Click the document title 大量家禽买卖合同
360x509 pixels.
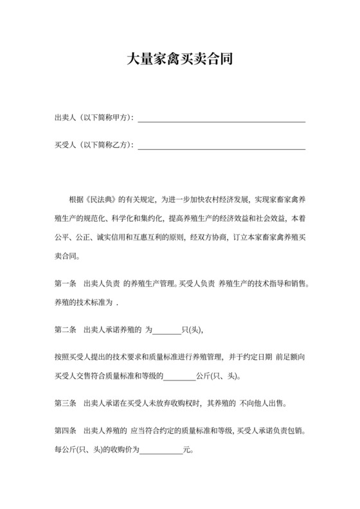pos(179,60)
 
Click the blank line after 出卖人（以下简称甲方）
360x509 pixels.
pos(222,118)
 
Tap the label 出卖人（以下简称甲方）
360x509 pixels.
pos(93,118)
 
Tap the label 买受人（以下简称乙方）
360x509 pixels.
pos(93,146)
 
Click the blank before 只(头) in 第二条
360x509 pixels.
pos(167,330)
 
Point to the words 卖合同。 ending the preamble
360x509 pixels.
pos(67,255)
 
